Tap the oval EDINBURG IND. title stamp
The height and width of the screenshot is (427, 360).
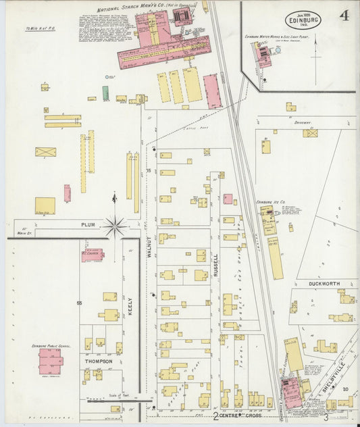[303, 20]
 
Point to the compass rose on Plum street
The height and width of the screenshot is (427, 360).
[115, 225]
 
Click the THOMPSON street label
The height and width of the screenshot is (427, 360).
[98, 361]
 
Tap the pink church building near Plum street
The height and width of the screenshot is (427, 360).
[93, 254]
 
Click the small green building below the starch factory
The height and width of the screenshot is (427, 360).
[105, 93]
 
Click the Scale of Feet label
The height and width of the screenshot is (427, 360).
[118, 395]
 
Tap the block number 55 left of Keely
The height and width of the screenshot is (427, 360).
[79, 303]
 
